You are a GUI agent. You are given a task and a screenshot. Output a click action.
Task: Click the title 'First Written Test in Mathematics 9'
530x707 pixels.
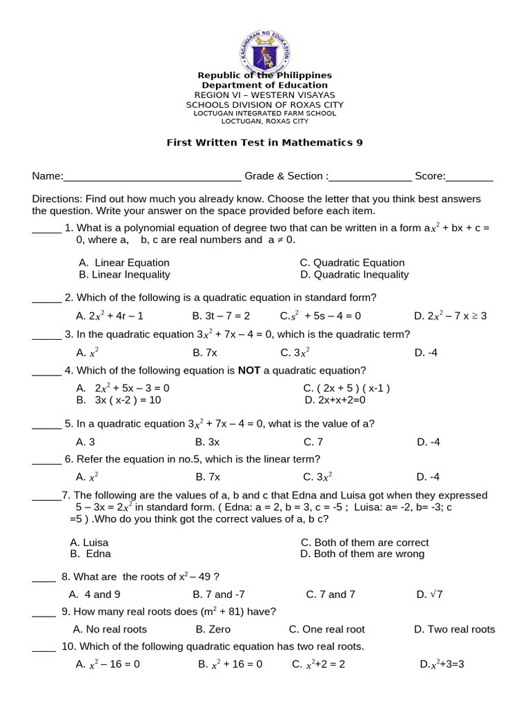264,143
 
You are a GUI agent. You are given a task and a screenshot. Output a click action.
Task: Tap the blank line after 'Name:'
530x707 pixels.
152,177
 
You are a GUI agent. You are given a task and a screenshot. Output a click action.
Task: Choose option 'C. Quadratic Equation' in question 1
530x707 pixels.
352,262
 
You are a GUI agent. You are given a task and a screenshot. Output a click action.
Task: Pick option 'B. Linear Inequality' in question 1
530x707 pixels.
124,274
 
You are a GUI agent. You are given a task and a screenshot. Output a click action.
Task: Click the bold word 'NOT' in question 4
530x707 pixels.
248,370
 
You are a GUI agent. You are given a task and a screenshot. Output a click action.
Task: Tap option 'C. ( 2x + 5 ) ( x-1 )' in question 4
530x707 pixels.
346,388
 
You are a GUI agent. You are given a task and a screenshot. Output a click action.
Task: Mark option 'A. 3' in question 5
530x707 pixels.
86,442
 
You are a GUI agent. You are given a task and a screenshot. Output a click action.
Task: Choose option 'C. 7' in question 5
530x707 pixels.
313,442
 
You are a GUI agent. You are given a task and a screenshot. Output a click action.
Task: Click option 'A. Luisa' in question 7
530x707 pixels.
90,543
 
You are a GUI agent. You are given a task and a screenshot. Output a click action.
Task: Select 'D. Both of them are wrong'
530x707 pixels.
362,554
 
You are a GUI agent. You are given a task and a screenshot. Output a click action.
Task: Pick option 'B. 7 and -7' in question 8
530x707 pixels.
219,594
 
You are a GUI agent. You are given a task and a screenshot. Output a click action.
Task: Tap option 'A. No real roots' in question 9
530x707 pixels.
110,629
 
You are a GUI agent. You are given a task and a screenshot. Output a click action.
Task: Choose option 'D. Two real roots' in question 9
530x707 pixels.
454,629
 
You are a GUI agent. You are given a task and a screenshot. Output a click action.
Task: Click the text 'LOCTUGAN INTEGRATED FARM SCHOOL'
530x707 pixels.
264,113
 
